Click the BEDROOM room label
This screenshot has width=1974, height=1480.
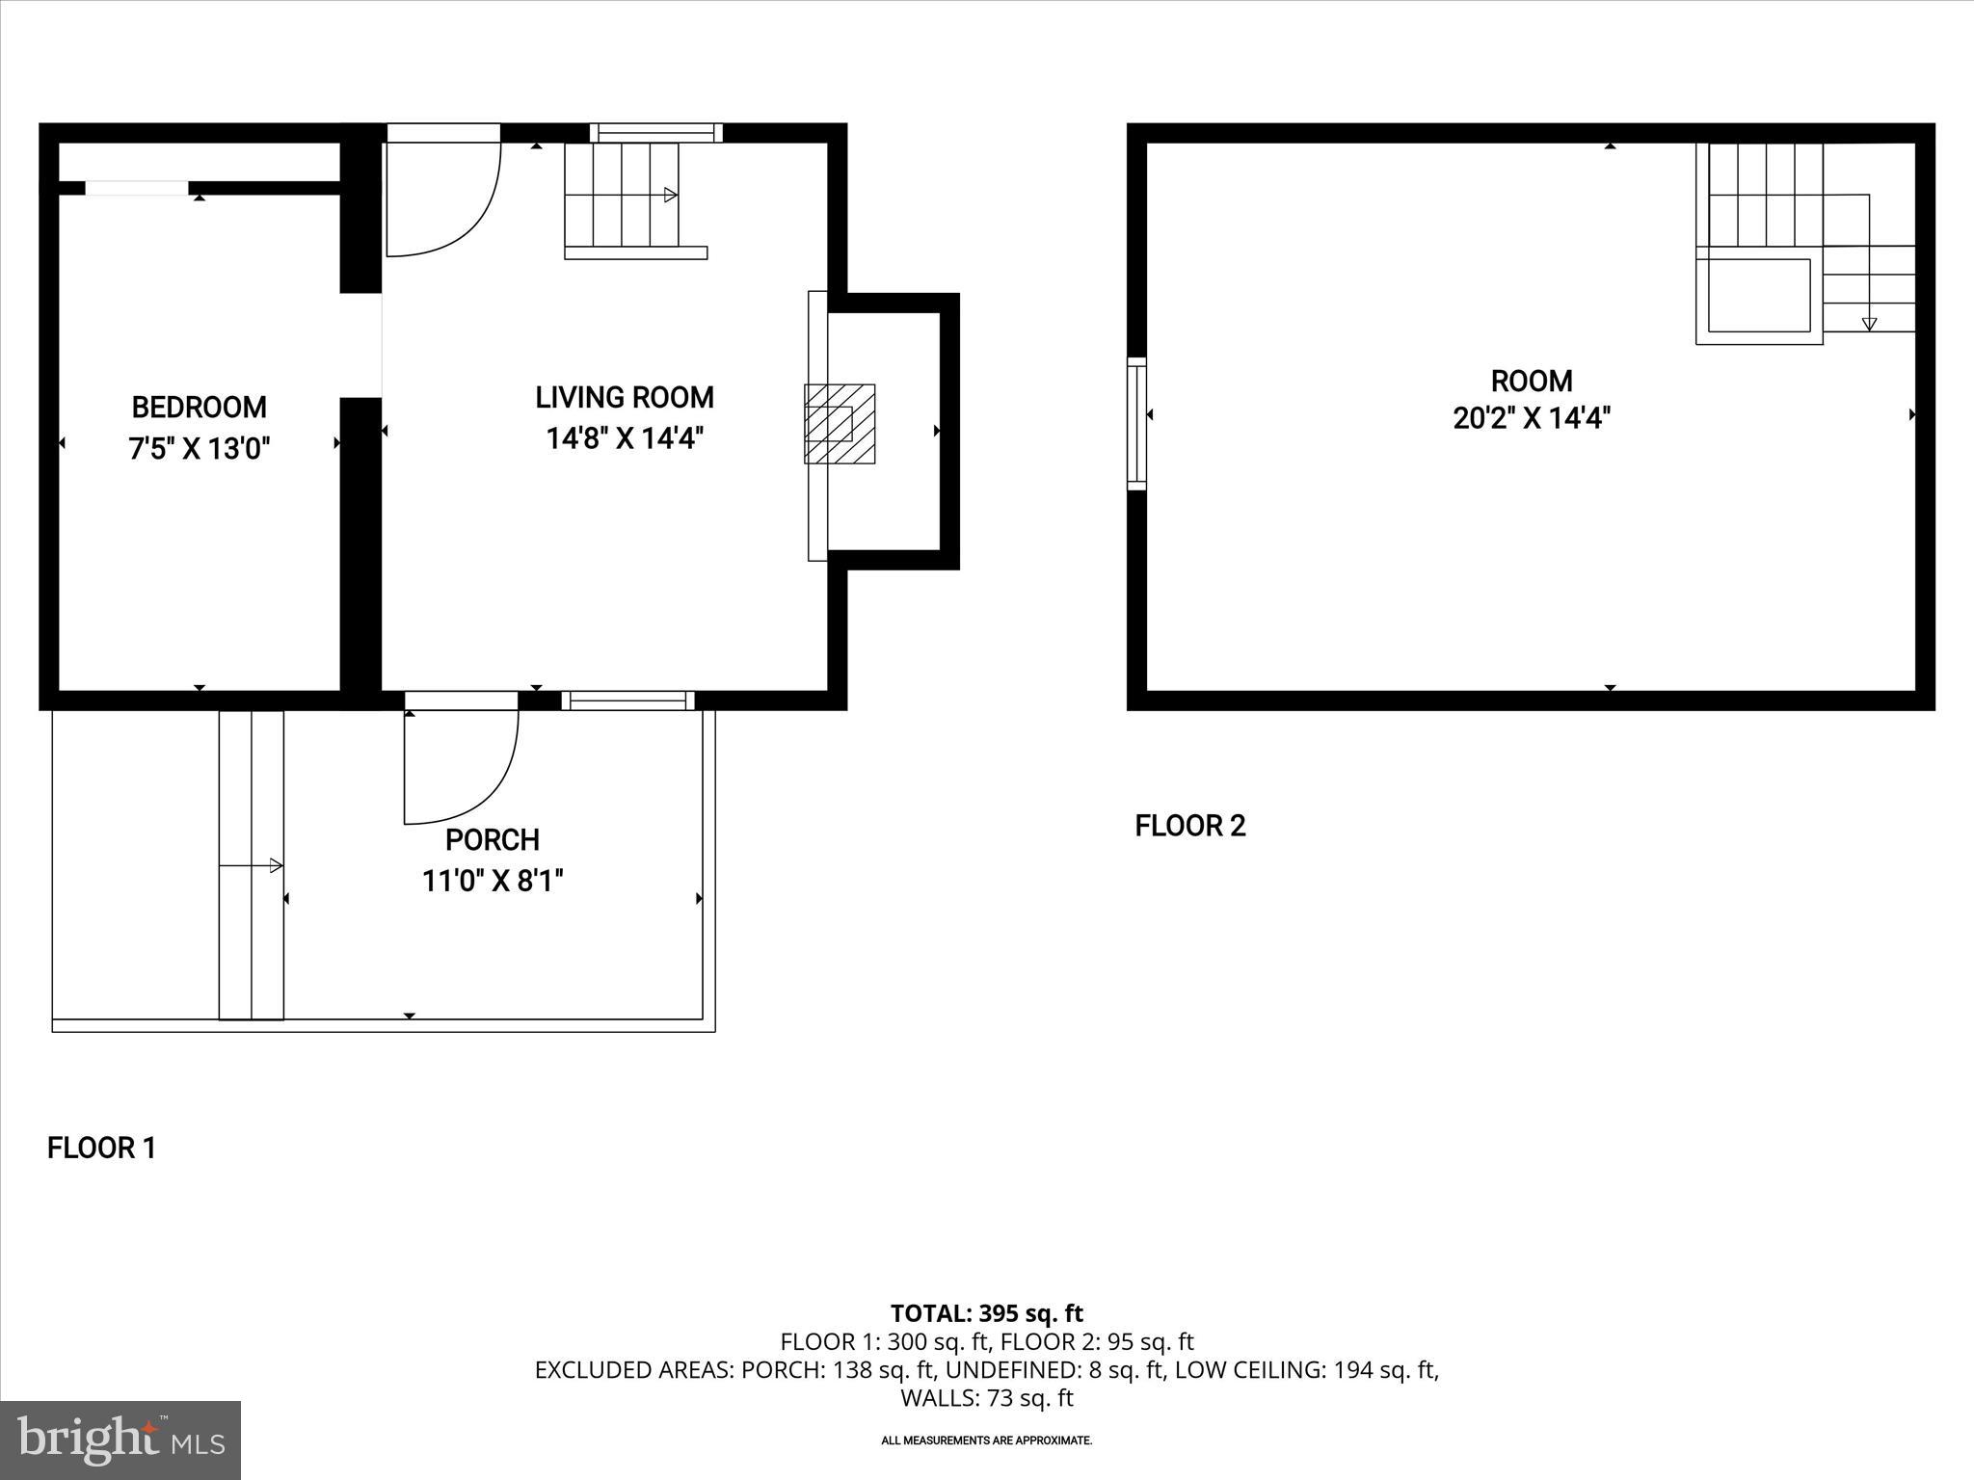[199, 408]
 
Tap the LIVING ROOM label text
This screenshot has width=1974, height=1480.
[625, 397]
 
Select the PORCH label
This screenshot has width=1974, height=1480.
[492, 840]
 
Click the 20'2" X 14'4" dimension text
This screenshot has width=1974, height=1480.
[1532, 419]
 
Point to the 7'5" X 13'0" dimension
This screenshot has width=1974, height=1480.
[199, 449]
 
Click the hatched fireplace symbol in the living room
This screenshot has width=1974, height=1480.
[840, 424]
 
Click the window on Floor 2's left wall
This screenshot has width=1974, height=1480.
[1137, 424]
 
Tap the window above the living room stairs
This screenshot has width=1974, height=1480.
[655, 133]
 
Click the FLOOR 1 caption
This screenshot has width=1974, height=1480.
[101, 1149]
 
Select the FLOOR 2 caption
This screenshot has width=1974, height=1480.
[1190, 826]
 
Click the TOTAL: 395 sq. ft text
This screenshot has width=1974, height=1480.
[986, 1313]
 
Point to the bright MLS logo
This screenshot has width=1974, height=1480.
[120, 1440]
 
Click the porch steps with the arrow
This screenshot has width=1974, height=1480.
[252, 865]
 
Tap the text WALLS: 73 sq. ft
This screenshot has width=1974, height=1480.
[986, 1397]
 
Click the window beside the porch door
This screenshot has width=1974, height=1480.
[627, 700]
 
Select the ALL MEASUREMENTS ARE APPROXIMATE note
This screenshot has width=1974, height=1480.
[986, 1440]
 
